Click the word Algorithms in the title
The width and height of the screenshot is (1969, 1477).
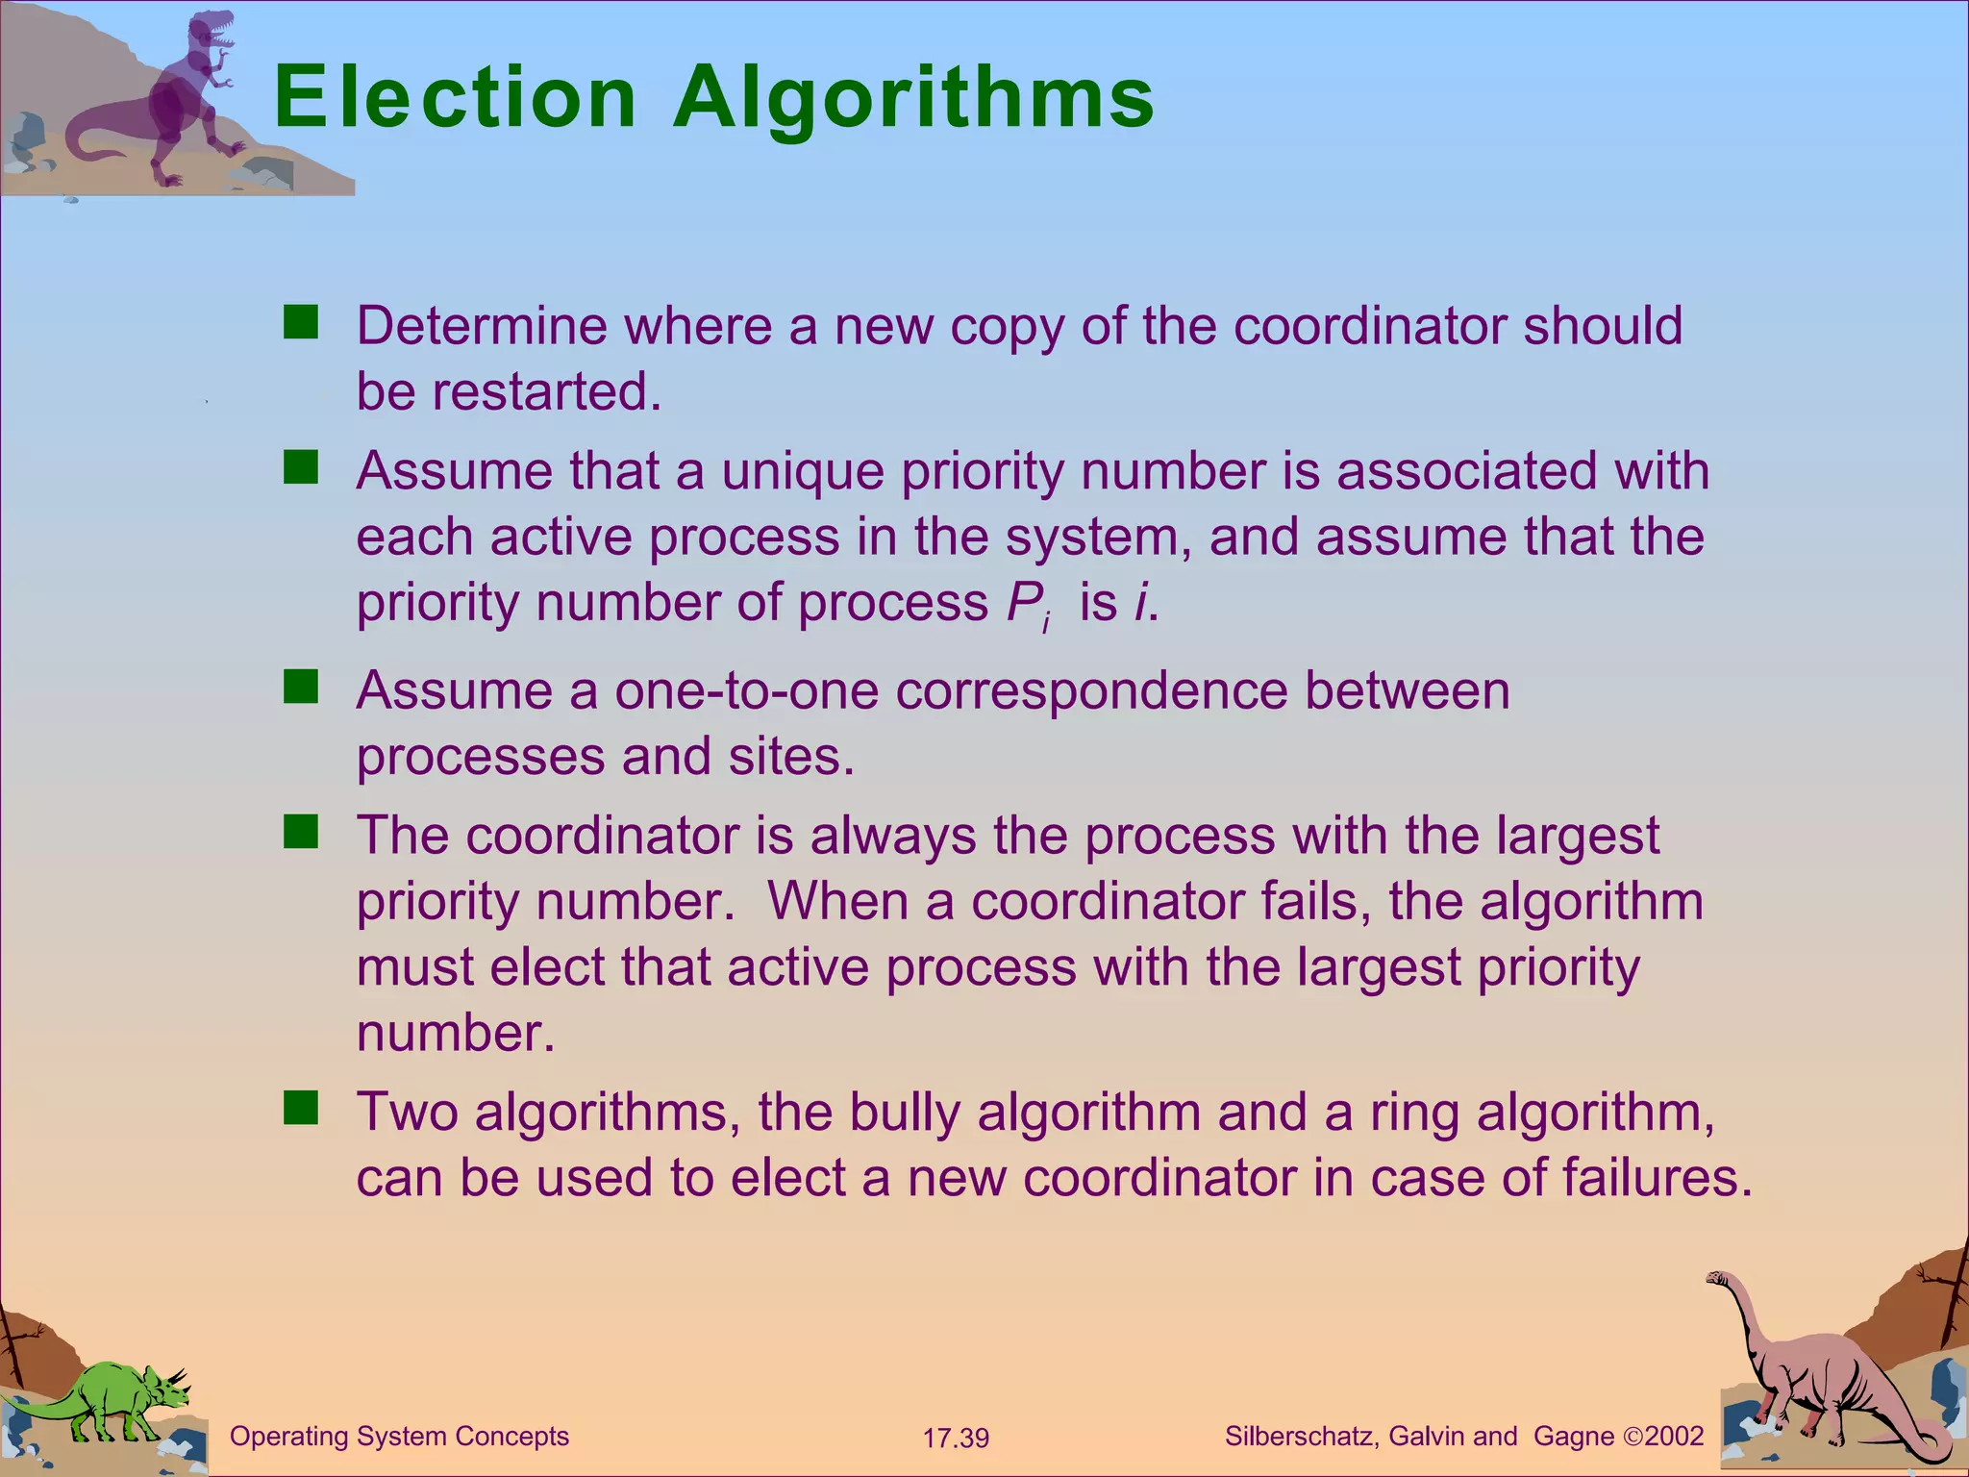point(913,98)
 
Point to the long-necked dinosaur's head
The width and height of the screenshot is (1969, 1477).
point(1717,1278)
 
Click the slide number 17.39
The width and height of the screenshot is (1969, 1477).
point(956,1439)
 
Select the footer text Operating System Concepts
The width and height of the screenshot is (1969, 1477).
point(399,1437)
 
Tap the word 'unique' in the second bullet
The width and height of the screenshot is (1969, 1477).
point(803,471)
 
